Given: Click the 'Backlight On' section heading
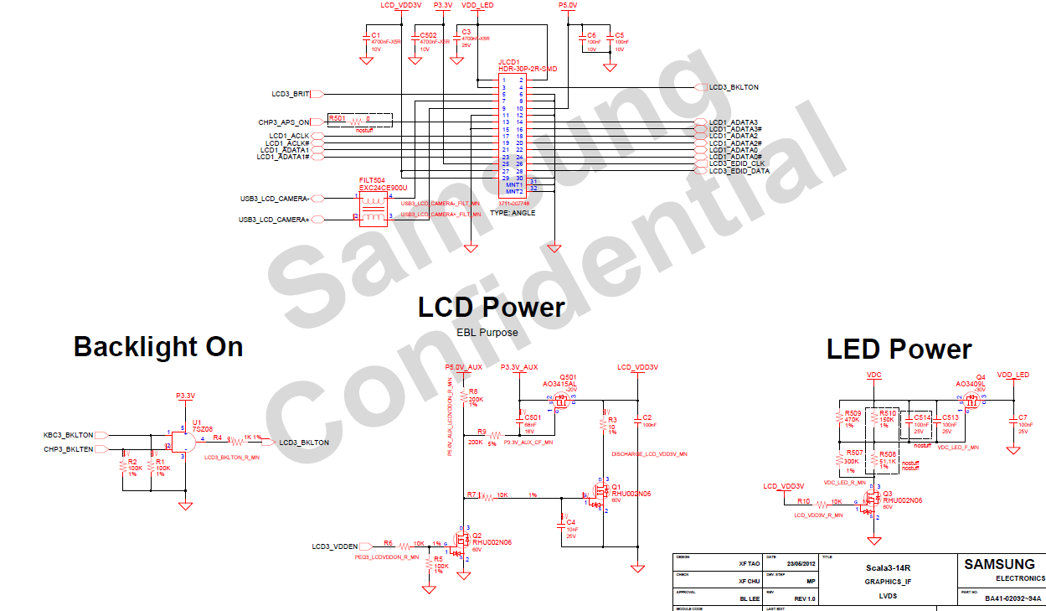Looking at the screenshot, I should click(x=158, y=347).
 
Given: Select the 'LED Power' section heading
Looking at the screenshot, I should click(x=899, y=349).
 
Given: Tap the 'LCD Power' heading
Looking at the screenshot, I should click(x=492, y=308).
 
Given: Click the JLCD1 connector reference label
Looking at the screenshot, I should click(x=509, y=61).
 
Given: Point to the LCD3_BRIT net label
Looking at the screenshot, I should click(x=291, y=94).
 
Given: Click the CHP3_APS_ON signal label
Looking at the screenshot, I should click(x=284, y=122).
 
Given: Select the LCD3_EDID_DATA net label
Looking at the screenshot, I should click(x=739, y=171).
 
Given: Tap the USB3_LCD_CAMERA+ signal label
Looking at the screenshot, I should click(x=274, y=220).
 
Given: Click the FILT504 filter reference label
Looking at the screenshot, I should click(x=372, y=180).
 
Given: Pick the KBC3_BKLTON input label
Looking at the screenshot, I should click(x=69, y=435).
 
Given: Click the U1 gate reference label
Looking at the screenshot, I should click(x=197, y=422).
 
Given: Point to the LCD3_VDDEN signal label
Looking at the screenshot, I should click(x=335, y=546).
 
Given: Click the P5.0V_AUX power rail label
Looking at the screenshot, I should click(x=464, y=367).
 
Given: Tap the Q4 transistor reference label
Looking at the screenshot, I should click(x=981, y=377).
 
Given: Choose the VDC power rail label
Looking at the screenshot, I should click(x=873, y=375).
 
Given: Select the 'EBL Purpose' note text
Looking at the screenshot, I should click(x=487, y=333).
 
